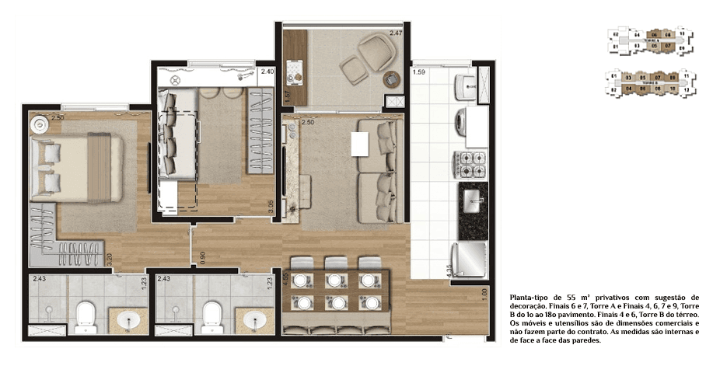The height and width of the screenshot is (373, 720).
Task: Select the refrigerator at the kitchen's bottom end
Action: click(x=471, y=259)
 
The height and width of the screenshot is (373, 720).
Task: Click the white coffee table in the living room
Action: click(x=359, y=144)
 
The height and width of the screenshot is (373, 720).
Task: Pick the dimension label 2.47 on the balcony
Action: click(x=395, y=33)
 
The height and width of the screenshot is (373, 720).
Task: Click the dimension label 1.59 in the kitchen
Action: click(x=418, y=73)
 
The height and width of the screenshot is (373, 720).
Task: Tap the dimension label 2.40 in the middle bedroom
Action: click(x=267, y=71)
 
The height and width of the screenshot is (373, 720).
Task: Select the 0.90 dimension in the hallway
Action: click(x=203, y=259)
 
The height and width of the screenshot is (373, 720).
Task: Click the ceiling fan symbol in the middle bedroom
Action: click(x=175, y=78)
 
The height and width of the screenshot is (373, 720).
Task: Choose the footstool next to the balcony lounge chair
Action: click(x=354, y=73)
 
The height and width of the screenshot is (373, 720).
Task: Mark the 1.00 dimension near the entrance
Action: click(x=484, y=295)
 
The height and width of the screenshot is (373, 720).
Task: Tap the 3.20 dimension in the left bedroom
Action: click(x=110, y=260)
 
